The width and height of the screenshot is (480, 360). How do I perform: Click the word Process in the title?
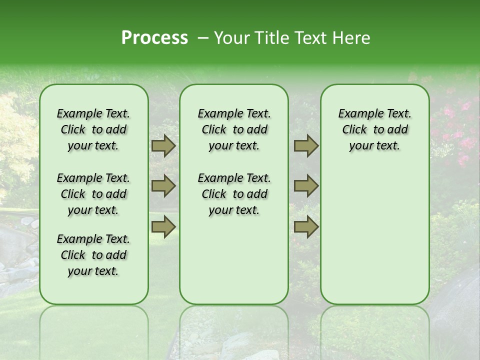tap(154, 38)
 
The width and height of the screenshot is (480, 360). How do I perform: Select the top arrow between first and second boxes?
tap(163, 146)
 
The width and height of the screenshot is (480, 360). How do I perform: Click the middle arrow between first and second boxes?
tap(163, 186)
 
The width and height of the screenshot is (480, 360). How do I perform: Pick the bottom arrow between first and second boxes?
tap(163, 226)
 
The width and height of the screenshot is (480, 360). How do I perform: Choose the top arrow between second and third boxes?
tap(306, 146)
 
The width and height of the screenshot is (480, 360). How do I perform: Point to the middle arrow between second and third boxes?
tap(306, 186)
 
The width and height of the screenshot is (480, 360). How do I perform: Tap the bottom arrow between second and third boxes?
tap(306, 226)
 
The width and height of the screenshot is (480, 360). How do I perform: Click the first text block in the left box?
tap(93, 129)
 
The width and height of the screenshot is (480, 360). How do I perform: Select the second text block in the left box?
tap(93, 194)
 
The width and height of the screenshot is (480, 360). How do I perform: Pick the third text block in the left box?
tap(93, 255)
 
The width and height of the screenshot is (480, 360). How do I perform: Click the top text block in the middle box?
tap(234, 129)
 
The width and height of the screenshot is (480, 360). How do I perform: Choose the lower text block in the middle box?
tap(234, 194)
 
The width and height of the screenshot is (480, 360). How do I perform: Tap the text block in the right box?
tap(374, 129)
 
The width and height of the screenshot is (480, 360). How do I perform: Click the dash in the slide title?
tap(203, 38)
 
